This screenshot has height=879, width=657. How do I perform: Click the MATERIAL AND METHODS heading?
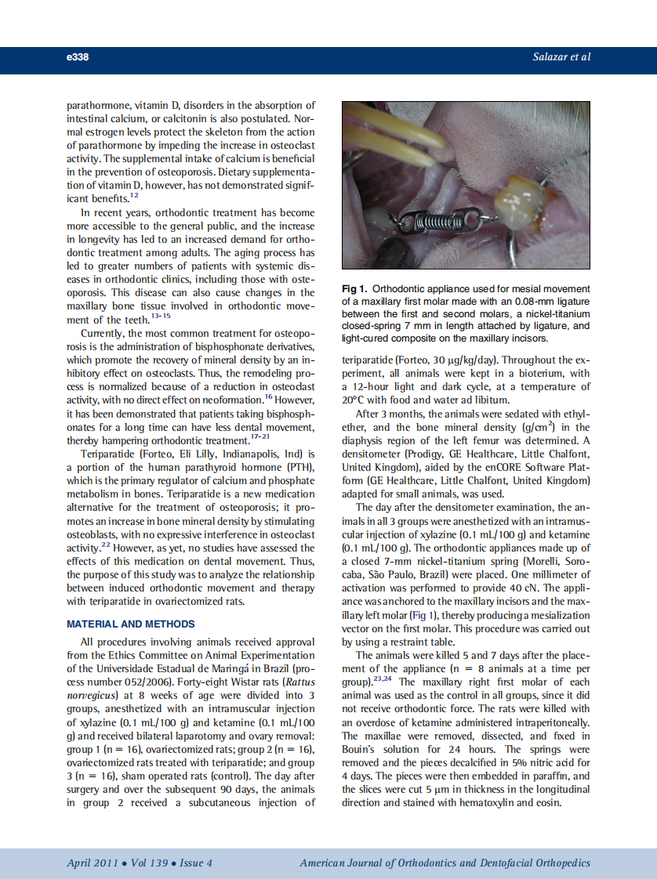point(131,624)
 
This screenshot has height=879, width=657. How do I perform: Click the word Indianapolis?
point(255,454)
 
